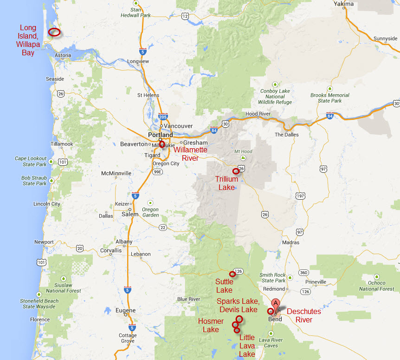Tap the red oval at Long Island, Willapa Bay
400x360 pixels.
point(54,32)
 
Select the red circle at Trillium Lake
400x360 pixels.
point(236,171)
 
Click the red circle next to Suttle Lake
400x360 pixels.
point(232,274)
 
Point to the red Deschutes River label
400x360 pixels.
point(304,315)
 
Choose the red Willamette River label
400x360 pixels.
point(190,154)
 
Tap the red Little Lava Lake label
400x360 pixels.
point(247,346)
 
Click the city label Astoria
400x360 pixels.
point(63,55)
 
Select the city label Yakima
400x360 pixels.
point(344,4)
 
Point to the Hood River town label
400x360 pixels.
point(258,113)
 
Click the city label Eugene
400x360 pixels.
point(125,310)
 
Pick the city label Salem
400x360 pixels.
point(130,214)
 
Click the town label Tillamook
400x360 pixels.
point(62,144)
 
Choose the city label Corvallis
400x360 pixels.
point(110,250)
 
